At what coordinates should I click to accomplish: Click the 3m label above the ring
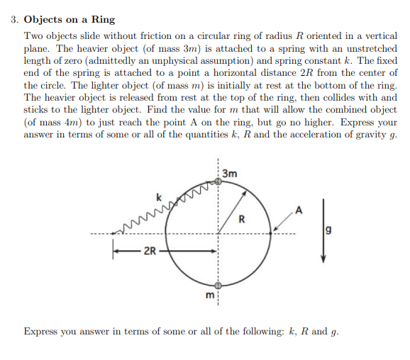(229, 173)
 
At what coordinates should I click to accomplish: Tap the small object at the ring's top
(219, 182)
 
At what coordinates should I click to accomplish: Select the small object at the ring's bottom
(219, 284)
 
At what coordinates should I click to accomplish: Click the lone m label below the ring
(210, 295)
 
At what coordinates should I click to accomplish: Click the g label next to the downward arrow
(329, 230)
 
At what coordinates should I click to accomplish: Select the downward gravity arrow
(323, 230)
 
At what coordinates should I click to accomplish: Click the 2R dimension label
(150, 250)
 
